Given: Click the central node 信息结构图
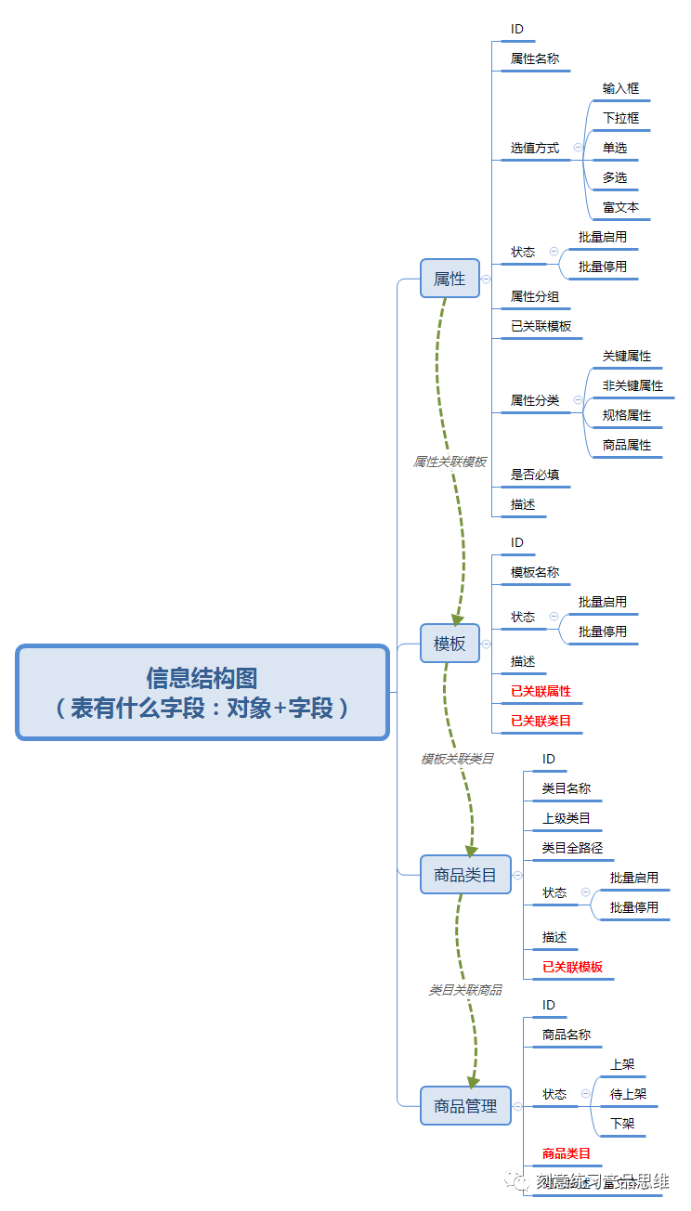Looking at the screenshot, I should click(x=202, y=693).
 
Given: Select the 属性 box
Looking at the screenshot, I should click(x=450, y=279).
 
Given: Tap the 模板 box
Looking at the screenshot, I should click(x=450, y=644).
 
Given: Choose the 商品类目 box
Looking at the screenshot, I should click(x=465, y=875).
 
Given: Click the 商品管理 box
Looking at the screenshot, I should click(x=465, y=1106).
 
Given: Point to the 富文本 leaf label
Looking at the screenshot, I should click(x=620, y=207).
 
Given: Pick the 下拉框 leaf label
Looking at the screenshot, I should click(x=620, y=118).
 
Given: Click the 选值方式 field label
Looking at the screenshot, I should click(x=535, y=148).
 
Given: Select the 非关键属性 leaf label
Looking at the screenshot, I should click(x=632, y=385).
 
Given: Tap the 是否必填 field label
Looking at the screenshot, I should click(x=535, y=475).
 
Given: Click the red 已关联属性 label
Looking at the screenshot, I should click(x=541, y=691).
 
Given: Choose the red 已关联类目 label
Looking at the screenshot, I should click(x=541, y=721).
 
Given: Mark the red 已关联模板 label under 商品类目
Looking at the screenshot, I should click(x=572, y=967).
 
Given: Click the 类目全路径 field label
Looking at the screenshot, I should click(x=572, y=848).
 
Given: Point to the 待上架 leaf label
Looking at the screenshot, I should click(x=628, y=1094).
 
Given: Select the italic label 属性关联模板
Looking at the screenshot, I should click(x=450, y=462).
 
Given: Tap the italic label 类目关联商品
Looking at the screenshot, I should click(x=464, y=991).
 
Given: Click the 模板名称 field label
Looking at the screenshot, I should click(x=535, y=572).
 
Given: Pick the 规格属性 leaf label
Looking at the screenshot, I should click(x=627, y=415).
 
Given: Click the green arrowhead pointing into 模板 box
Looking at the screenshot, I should click(x=457, y=619).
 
